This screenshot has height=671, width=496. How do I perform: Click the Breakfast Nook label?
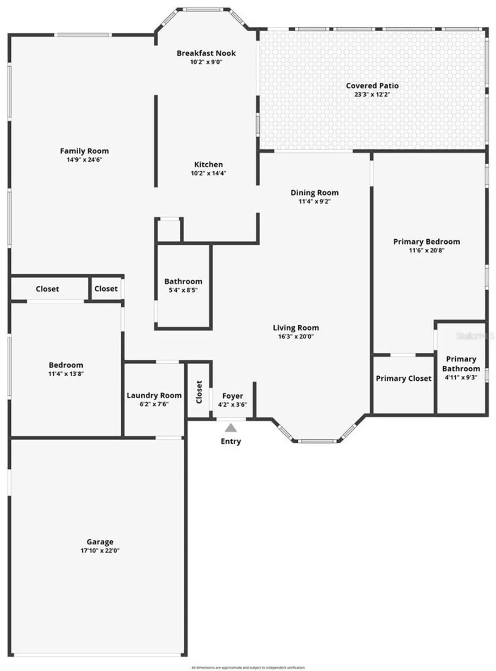pos(206,53)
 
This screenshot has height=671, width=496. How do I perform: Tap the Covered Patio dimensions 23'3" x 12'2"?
pos(372,95)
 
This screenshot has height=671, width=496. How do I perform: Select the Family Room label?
pos(85,151)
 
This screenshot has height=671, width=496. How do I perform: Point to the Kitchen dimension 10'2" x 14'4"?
pos(208,174)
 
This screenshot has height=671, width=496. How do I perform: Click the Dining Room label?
pos(314,193)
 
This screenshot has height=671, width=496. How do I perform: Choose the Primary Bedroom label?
pos(427,242)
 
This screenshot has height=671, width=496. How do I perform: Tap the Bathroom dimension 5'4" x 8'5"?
pos(183,290)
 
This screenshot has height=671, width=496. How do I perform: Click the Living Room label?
pos(296,328)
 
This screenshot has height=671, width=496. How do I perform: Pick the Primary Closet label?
pos(403,378)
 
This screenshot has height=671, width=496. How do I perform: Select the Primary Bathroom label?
pos(461,364)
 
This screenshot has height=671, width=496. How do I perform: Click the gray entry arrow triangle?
pos(231,428)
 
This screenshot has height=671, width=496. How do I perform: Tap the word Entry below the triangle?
pos(231,442)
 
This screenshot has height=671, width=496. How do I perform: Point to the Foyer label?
pos(233,396)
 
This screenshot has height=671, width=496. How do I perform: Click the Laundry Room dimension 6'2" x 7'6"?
pos(154,404)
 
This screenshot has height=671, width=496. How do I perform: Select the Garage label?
pos(100,542)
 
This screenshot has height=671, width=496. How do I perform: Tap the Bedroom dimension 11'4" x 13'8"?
pos(66,374)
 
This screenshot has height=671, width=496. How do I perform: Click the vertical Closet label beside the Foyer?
pos(199,392)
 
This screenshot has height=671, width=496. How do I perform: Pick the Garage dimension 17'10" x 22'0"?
pos(100,551)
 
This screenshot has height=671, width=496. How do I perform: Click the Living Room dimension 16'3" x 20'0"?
pos(296,337)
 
